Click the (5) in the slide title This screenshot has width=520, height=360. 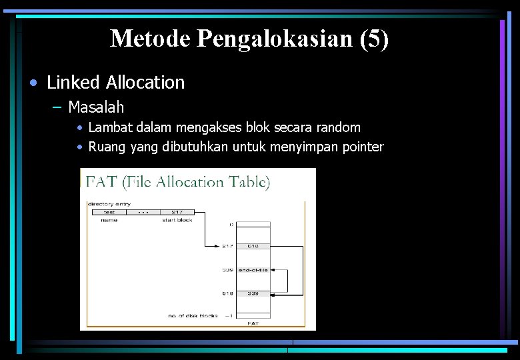(373, 39)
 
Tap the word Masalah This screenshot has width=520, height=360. (96, 107)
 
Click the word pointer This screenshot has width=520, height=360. (362, 147)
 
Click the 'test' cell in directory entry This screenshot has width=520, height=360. (109, 212)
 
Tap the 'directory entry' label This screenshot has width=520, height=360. (109, 204)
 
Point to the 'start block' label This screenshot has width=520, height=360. (178, 220)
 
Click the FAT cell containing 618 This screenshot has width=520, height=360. (253, 246)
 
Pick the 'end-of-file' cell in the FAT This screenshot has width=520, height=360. (253, 270)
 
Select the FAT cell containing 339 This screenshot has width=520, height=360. (253, 293)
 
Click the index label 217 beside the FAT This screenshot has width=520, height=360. (227, 246)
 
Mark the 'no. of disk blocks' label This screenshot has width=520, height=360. (194, 315)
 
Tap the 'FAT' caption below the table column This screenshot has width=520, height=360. (253, 323)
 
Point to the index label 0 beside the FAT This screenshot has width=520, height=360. (231, 226)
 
